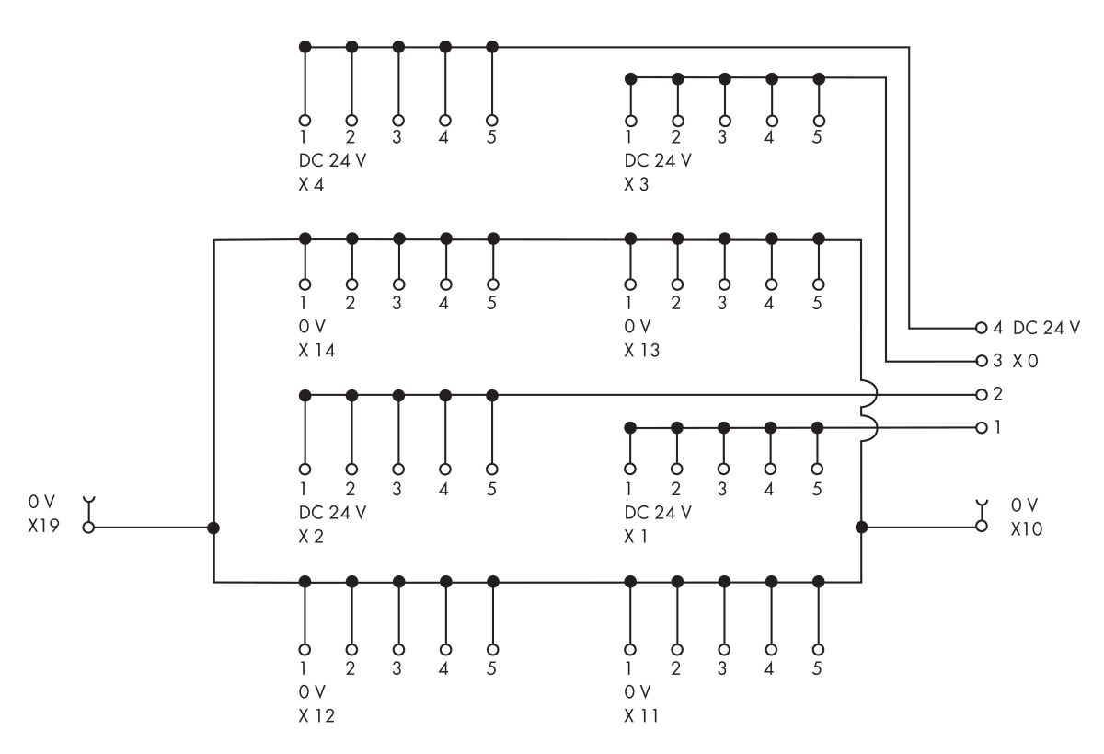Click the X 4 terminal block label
(313, 184)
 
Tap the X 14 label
(317, 352)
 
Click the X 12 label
(317, 715)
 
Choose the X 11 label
(642, 715)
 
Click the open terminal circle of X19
(88, 528)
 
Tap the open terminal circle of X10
(981, 526)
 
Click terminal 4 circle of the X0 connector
(981, 328)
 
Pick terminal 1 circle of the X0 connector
(981, 428)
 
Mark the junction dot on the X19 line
(213, 528)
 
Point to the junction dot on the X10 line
(861, 527)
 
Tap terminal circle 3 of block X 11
(724, 648)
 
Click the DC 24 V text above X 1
(658, 512)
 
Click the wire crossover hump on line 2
(868, 395)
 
